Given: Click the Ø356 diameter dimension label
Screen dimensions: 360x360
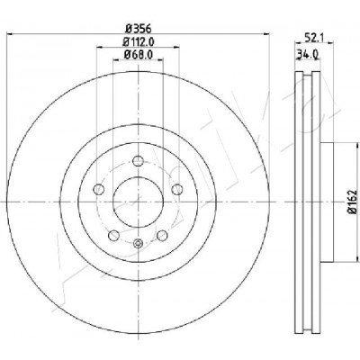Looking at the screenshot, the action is (138, 29).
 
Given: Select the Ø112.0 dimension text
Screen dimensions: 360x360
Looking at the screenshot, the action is (139, 41).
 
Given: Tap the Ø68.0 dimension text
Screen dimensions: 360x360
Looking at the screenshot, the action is (139, 55).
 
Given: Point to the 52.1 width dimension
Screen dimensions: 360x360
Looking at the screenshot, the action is (313, 38).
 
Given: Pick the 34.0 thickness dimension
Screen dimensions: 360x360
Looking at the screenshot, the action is (308, 54).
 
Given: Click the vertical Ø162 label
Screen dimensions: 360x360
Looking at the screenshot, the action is (353, 202).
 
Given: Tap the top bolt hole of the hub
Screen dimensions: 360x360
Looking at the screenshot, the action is (138, 160).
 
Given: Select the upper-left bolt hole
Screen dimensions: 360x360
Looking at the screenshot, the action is (99, 189).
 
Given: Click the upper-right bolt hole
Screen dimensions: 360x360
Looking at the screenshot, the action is (177, 189).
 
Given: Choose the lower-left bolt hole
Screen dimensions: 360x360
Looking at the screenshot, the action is (113, 235).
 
